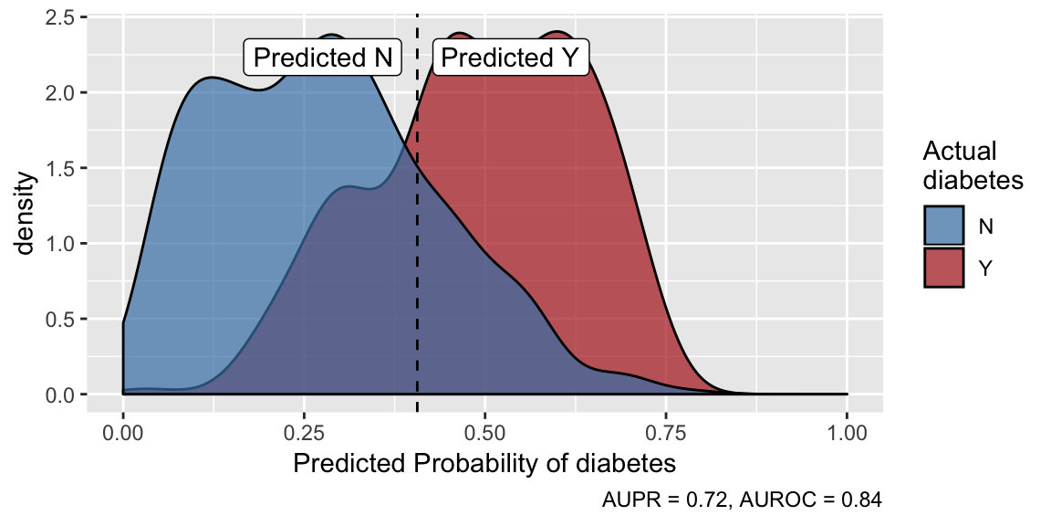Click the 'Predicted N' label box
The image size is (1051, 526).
(x=322, y=58)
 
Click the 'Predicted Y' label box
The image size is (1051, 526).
(x=510, y=58)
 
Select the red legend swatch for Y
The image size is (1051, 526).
(x=944, y=267)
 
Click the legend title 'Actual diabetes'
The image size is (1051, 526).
(x=972, y=165)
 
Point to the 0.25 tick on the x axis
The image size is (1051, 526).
(x=304, y=428)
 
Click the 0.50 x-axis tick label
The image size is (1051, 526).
(x=484, y=428)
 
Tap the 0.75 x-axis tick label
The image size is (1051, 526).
(x=666, y=428)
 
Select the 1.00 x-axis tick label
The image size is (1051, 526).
(x=847, y=428)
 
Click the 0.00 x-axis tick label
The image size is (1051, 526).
(x=123, y=428)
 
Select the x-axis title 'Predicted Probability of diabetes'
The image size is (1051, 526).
(x=484, y=463)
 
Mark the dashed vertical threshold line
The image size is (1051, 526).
(x=417, y=274)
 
